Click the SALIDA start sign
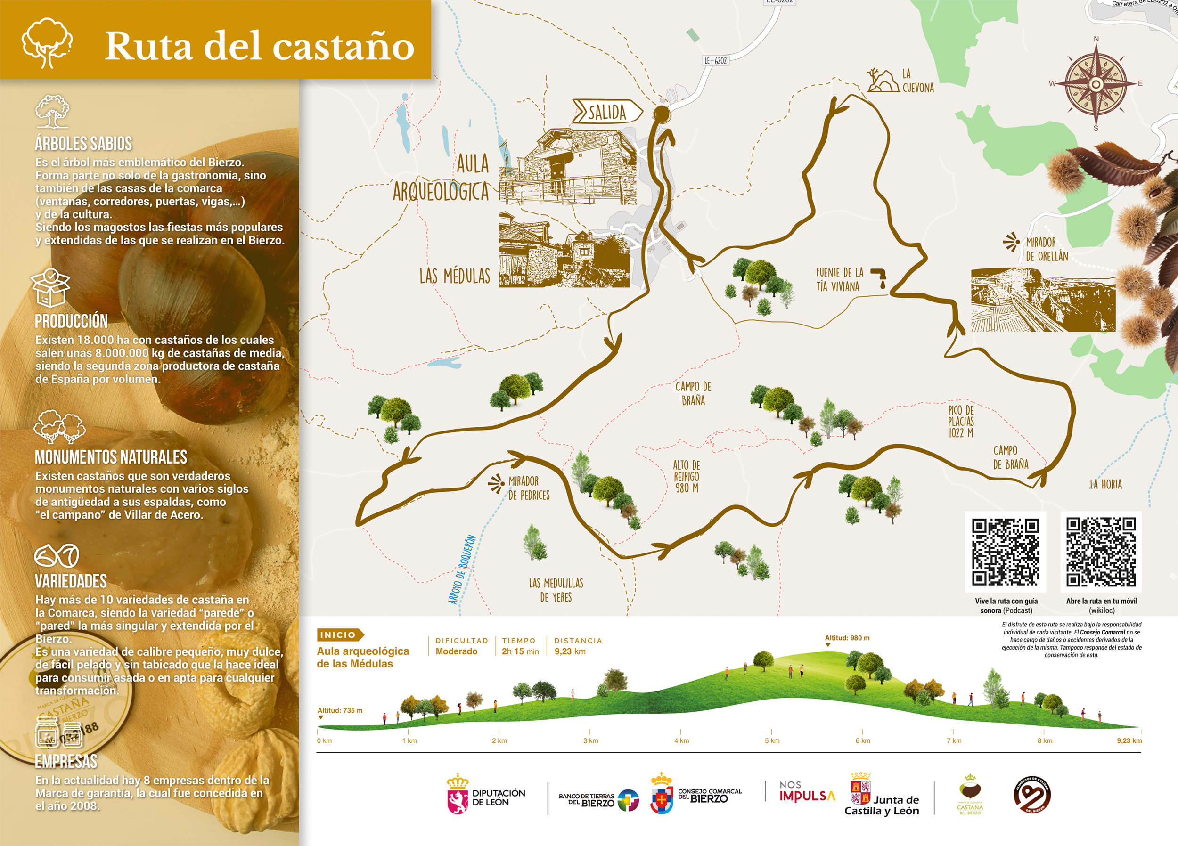606,112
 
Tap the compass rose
1096,84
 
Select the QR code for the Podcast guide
1005,552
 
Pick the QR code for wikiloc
1101,552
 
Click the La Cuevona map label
917,81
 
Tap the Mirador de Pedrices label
528,488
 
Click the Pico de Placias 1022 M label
960,421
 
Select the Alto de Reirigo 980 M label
686,476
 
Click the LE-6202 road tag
715,61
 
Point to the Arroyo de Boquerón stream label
462,569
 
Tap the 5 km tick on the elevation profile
772,740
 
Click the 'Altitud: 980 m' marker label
847,638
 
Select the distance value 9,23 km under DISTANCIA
570,651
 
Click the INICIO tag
339,634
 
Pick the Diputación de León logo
486,795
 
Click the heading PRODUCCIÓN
71,321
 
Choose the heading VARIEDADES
71,581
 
